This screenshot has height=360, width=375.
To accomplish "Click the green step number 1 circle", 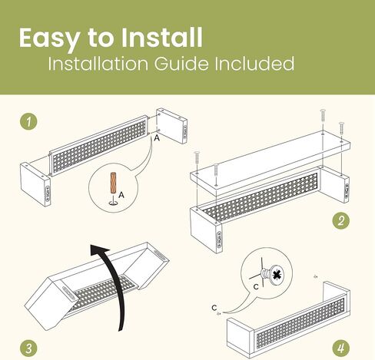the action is [x=28, y=121].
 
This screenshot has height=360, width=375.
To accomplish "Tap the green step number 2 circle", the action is [x=340, y=220].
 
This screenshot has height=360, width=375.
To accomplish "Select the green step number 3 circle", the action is [x=28, y=348].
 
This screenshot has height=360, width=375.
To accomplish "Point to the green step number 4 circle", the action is [x=340, y=348].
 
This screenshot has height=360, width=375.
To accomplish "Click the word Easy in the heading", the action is [x=49, y=38].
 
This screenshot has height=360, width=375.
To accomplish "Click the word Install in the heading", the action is [x=161, y=38].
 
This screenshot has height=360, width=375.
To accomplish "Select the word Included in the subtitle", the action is [x=254, y=63].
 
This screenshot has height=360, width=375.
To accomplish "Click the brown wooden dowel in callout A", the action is [x=113, y=183].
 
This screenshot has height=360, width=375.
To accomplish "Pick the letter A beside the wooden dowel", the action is [x=121, y=195].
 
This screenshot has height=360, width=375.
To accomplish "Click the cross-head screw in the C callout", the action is [x=271, y=275].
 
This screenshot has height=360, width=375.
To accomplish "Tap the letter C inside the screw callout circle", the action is [x=256, y=287].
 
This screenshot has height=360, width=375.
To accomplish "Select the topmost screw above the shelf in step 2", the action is [x=323, y=116].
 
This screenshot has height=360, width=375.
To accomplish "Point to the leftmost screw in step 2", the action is [x=197, y=158].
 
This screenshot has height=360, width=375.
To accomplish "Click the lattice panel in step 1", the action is [x=99, y=145].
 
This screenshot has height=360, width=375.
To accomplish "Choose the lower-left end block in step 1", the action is [x=35, y=184].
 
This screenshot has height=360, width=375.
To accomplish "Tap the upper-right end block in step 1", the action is [x=172, y=126].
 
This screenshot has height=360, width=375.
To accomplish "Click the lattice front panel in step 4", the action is [x=300, y=320].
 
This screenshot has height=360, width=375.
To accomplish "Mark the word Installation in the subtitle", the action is [x=98, y=63].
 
